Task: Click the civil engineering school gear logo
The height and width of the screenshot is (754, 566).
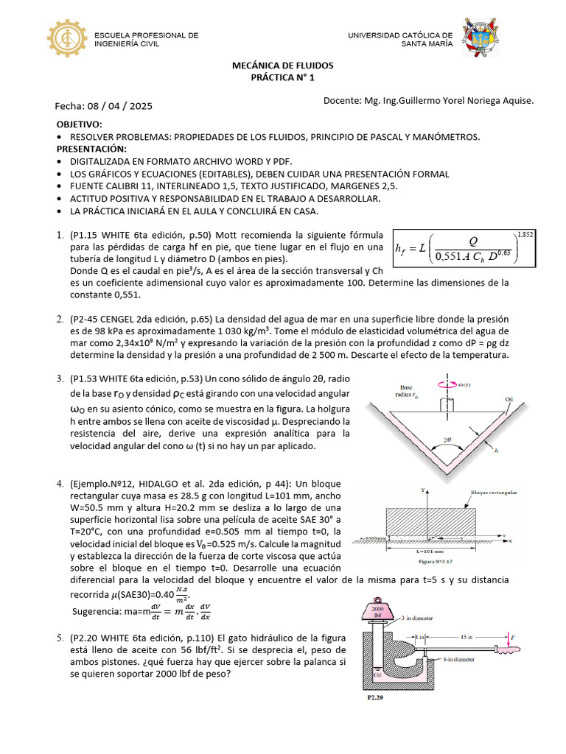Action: [x=69, y=39]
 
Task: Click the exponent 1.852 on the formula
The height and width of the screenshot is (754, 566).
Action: [x=525, y=234]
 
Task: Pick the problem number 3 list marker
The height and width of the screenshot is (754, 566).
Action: [x=60, y=378]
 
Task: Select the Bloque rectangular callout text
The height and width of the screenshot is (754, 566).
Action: [x=495, y=493]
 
